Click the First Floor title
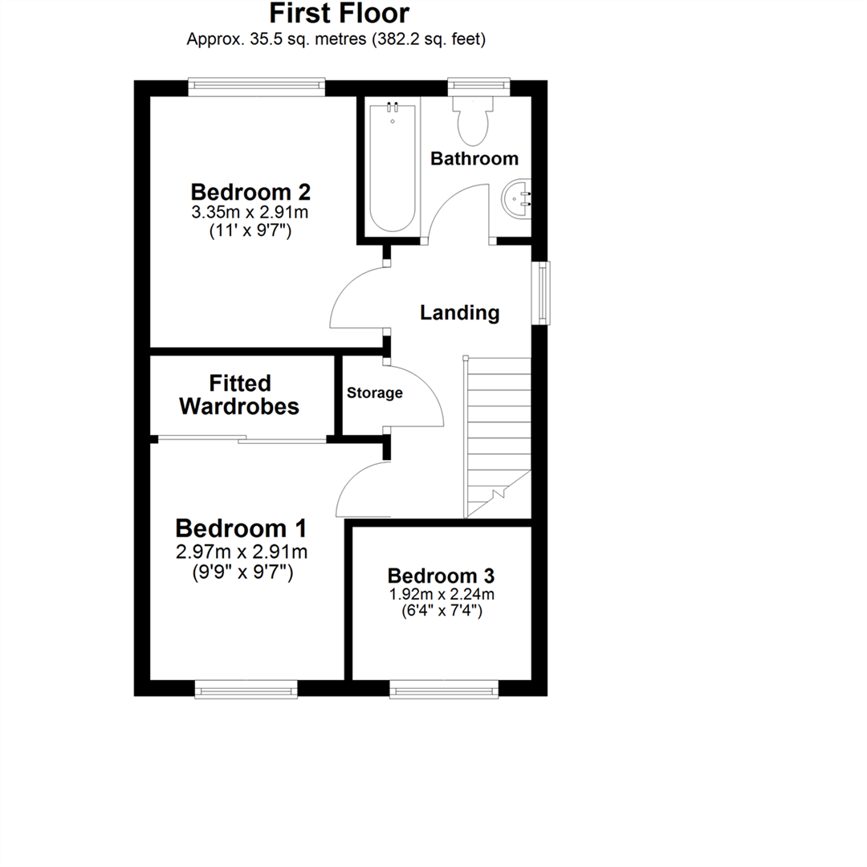(x=338, y=14)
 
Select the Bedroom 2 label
(x=250, y=193)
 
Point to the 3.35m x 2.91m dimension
(x=250, y=213)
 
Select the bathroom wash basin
(x=518, y=197)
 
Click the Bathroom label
(x=474, y=159)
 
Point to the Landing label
(x=460, y=312)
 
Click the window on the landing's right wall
(x=543, y=292)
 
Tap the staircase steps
(x=498, y=433)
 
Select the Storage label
(x=374, y=393)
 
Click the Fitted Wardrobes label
(x=239, y=395)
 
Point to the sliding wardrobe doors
(x=242, y=439)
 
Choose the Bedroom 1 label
(x=241, y=529)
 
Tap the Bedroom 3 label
(x=441, y=576)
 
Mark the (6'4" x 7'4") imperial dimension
(x=441, y=610)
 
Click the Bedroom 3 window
(x=443, y=688)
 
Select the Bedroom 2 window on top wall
(x=257, y=87)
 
